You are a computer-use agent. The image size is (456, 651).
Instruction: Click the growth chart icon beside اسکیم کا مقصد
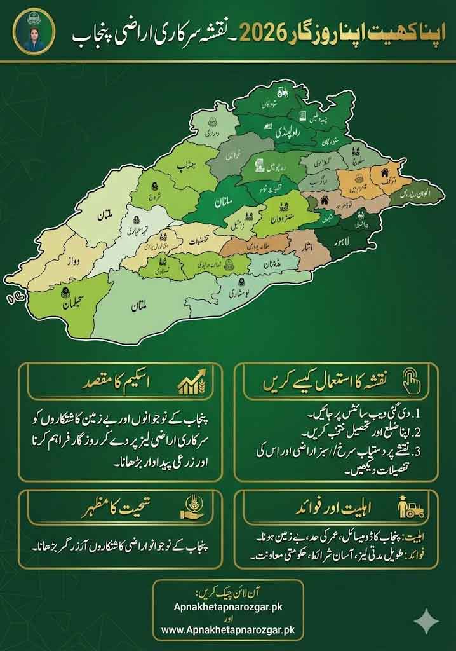(191, 384)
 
